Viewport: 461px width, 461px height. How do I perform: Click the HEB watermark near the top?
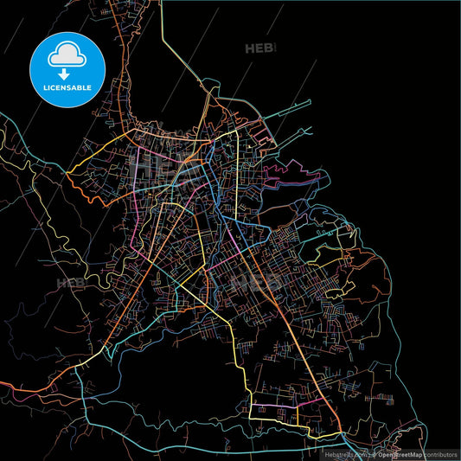(259, 48)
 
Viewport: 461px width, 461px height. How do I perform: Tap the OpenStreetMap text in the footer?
(398, 453)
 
